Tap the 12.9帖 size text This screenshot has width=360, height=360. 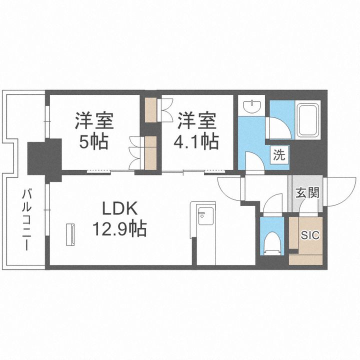pos(119,229)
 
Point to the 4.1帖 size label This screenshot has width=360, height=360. pos(196,142)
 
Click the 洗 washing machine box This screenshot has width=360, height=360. pos(278,154)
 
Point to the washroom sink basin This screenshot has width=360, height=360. pos(252,106)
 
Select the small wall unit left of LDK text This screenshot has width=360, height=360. pos(72,234)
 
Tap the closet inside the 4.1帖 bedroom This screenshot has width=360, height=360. pos(150,109)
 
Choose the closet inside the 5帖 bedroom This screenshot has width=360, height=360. pos(150,153)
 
